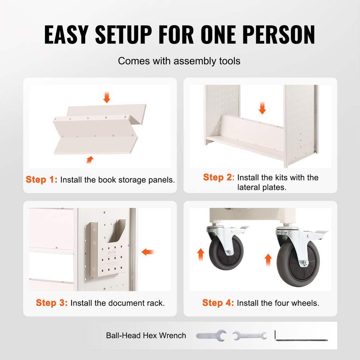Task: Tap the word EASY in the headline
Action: pyautogui.click(x=66, y=34)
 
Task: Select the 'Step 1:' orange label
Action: pyautogui.click(x=42, y=180)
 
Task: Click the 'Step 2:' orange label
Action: pyautogui.click(x=219, y=177)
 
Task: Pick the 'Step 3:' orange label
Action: pyautogui.click(x=52, y=303)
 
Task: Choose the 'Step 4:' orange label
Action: pyautogui.click(x=218, y=303)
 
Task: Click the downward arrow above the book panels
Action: pyautogui.click(x=107, y=97)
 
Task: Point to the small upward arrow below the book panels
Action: pyautogui.click(x=90, y=160)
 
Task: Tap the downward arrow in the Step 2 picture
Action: pyautogui.click(x=262, y=108)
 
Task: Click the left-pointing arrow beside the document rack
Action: pyautogui.click(x=147, y=252)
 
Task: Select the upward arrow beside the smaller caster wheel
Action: pyautogui.click(x=201, y=254)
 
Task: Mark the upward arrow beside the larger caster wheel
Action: pyautogui.click(x=268, y=260)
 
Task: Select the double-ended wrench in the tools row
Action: pyautogui.click(x=250, y=336)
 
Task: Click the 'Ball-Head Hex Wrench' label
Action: pyautogui.click(x=146, y=335)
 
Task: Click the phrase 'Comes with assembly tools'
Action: pyautogui.click(x=179, y=61)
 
